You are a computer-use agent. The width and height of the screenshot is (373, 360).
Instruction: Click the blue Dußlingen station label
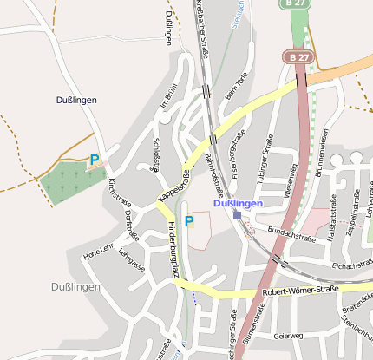click(x=238, y=203)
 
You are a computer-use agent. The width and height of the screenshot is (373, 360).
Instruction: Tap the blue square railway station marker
click(x=237, y=214)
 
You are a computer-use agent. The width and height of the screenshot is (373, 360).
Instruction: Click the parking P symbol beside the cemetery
click(x=95, y=160)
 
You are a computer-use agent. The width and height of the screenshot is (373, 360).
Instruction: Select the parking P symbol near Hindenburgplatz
click(x=188, y=221)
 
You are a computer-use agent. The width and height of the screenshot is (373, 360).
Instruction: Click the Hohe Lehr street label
click(x=98, y=252)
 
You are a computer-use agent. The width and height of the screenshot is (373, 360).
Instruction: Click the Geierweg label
click(x=288, y=335)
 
